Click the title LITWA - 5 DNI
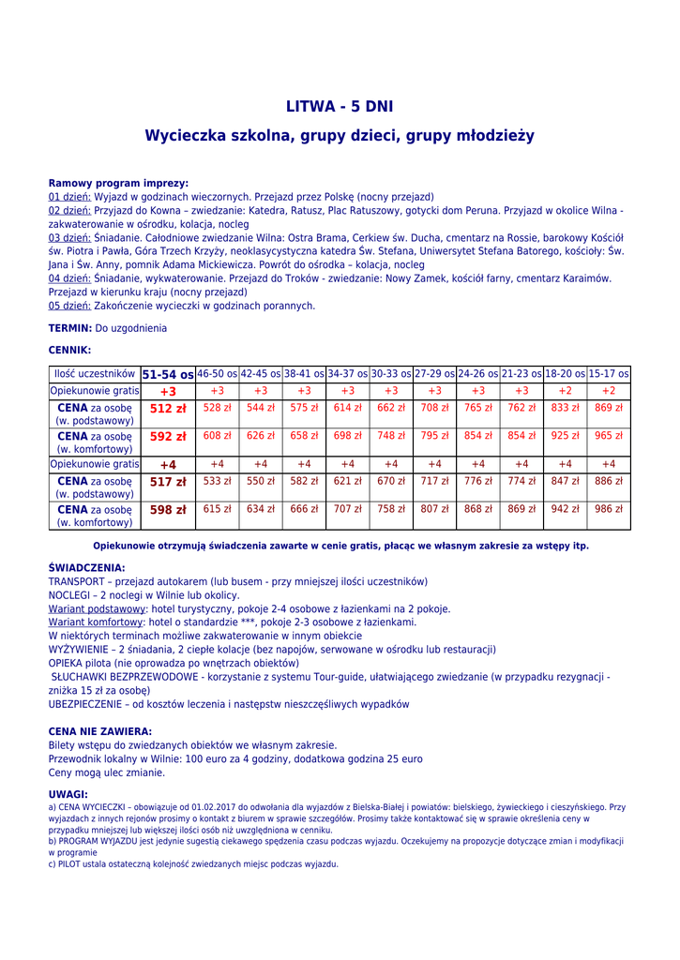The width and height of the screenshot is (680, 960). click(340, 107)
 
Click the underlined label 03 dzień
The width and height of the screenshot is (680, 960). click(69, 238)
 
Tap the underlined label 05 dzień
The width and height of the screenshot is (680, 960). click(69, 306)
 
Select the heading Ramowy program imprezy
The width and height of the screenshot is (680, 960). click(118, 184)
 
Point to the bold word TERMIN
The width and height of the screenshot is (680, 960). click(69, 328)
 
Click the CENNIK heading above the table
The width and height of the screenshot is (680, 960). click(69, 350)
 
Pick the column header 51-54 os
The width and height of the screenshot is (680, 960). click(168, 374)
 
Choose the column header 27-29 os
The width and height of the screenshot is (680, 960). click(434, 374)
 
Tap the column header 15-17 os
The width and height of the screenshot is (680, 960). click(609, 374)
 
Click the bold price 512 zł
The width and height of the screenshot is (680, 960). click(168, 409)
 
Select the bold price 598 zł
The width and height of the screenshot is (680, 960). click(168, 510)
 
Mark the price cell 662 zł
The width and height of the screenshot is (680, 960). click(391, 408)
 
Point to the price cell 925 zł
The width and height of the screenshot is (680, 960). click(566, 436)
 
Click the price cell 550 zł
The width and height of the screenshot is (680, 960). click(261, 481)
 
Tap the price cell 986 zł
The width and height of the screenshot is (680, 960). click(609, 509)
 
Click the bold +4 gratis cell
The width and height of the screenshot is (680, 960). click(168, 464)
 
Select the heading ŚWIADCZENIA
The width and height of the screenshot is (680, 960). click(86, 568)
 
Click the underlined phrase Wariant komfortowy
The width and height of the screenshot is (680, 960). click(97, 622)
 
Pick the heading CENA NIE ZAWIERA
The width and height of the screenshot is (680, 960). click(99, 731)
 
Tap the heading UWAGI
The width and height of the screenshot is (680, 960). click(67, 794)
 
